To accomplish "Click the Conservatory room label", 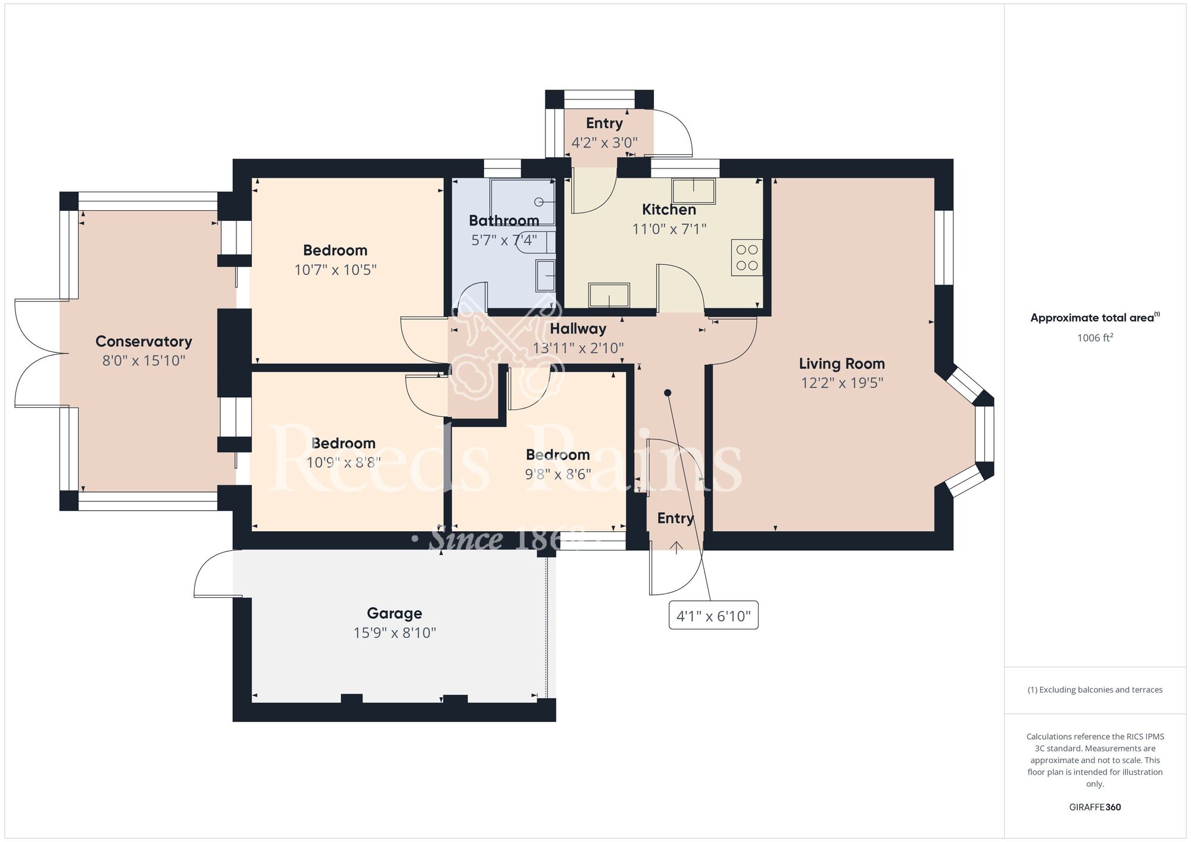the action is click(144, 341).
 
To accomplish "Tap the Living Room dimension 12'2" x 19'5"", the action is click(842, 383).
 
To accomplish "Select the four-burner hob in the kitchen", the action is click(747, 257).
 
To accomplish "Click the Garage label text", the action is click(394, 613).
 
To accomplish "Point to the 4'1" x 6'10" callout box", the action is click(713, 615).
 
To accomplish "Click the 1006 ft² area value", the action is click(1095, 338).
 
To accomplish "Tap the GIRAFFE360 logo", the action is click(1095, 807).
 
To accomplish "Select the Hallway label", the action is click(578, 329).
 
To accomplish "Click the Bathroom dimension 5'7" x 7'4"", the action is click(504, 240).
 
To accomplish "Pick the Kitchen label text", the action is click(669, 210).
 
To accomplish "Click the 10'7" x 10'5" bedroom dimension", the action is click(335, 270).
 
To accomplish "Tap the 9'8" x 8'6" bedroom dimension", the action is click(558, 474).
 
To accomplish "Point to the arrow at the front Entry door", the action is click(676, 547).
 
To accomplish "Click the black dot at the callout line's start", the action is click(668, 393).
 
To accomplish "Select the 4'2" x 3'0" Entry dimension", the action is click(604, 143).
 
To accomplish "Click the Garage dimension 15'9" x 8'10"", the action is click(395, 633).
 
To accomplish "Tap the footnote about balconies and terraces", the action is click(1095, 690).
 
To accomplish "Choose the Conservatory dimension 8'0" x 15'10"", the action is click(144, 361).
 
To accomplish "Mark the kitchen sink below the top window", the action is click(694, 191).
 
